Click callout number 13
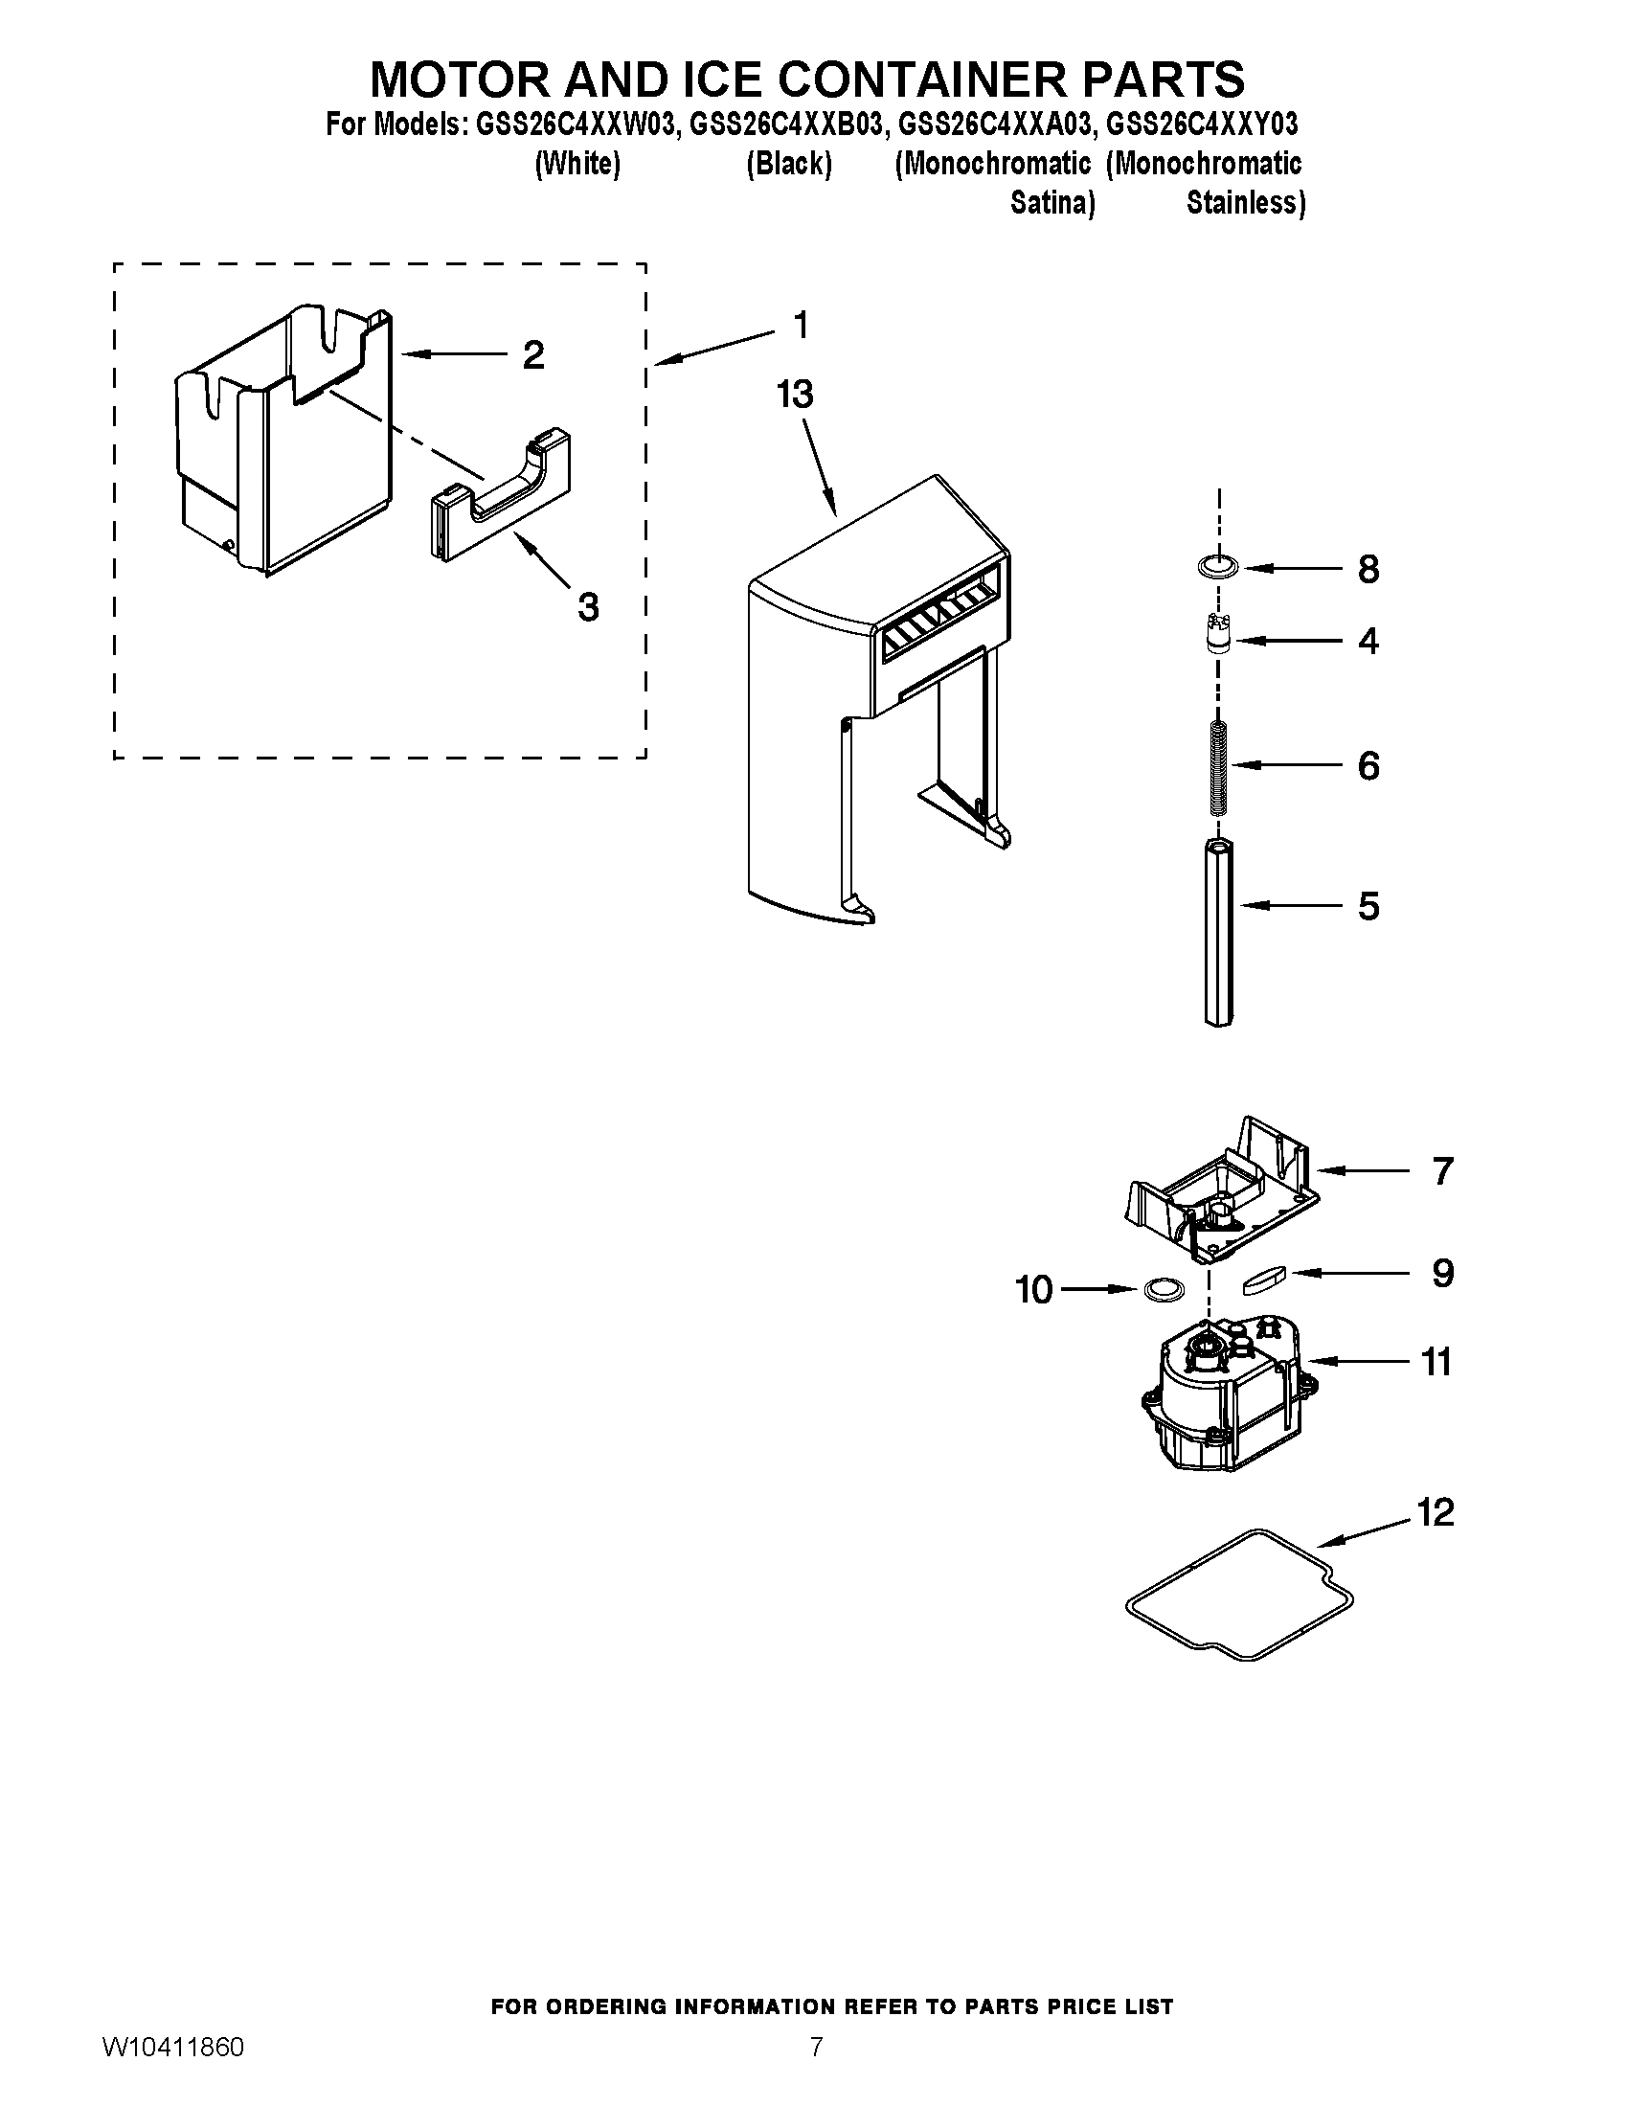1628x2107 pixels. click(x=796, y=395)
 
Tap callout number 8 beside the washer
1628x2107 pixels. click(x=1368, y=569)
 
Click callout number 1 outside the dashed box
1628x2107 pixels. click(x=800, y=325)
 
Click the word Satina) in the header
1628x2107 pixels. click(x=1051, y=204)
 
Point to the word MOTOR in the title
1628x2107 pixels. click(x=457, y=79)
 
